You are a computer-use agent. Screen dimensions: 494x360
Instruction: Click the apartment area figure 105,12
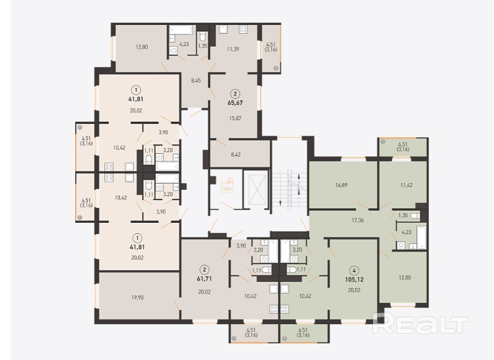[x=354, y=280]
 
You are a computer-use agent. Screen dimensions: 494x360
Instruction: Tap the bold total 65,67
[x=235, y=103]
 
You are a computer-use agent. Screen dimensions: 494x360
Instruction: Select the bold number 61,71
[x=204, y=279]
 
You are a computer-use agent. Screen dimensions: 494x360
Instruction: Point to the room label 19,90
[x=138, y=298]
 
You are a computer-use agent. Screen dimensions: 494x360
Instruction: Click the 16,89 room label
[x=341, y=185]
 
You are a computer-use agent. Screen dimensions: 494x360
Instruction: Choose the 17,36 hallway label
[x=358, y=220]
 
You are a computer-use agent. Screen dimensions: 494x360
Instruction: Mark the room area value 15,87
[x=235, y=118]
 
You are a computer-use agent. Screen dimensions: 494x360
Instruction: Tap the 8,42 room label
[x=235, y=154]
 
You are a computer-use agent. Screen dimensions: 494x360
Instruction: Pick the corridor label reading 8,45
[x=196, y=80]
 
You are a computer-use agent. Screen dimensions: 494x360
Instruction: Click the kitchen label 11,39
[x=233, y=49]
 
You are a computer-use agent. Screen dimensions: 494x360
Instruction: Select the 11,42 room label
[x=406, y=185]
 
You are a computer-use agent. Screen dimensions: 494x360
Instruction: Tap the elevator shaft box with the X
[x=257, y=190]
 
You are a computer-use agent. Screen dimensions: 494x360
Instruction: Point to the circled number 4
[x=354, y=270]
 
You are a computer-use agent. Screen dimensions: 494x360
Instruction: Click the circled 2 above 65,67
[x=235, y=93]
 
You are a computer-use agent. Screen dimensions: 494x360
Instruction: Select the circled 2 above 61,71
[x=204, y=269]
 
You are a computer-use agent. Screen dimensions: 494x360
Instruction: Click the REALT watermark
[x=421, y=324]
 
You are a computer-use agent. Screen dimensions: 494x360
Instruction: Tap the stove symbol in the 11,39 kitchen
[x=243, y=29]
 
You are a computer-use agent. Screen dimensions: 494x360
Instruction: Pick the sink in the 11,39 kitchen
[x=224, y=29]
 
